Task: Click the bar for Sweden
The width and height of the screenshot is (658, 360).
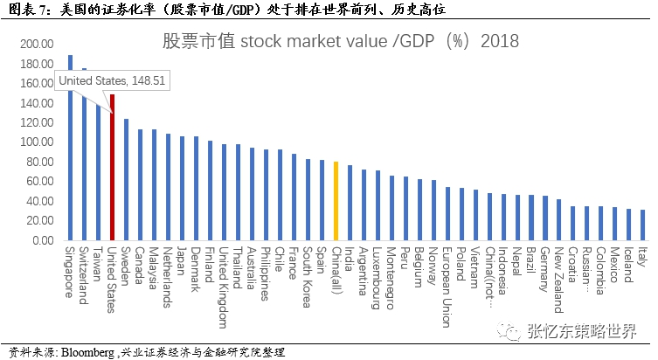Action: tap(126, 179)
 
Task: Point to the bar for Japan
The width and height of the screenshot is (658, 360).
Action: tap(182, 188)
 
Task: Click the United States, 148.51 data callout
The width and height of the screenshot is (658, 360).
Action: tap(111, 80)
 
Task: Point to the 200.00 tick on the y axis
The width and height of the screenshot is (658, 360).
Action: tap(37, 44)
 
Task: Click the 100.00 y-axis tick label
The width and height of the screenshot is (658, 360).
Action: tap(37, 142)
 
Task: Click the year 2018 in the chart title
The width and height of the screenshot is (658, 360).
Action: tap(500, 41)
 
